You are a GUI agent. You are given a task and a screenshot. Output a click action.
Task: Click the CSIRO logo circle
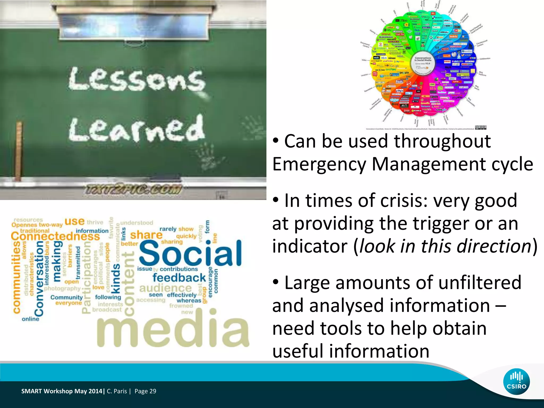(x=516, y=382)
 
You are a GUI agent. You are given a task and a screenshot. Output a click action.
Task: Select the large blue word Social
(x=190, y=254)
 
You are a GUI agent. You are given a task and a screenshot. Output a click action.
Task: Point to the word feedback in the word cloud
(x=179, y=278)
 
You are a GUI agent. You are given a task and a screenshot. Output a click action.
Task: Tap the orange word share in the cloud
(x=146, y=235)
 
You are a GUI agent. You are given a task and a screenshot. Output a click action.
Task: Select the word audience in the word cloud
(x=165, y=288)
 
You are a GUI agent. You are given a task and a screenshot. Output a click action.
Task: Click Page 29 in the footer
(x=145, y=391)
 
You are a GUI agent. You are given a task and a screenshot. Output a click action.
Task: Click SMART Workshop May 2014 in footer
(x=62, y=391)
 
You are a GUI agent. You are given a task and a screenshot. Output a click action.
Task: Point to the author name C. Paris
(x=117, y=391)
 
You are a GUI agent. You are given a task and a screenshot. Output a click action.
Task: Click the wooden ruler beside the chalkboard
(x=19, y=151)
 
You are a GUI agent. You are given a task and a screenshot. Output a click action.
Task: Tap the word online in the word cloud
(x=30, y=319)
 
